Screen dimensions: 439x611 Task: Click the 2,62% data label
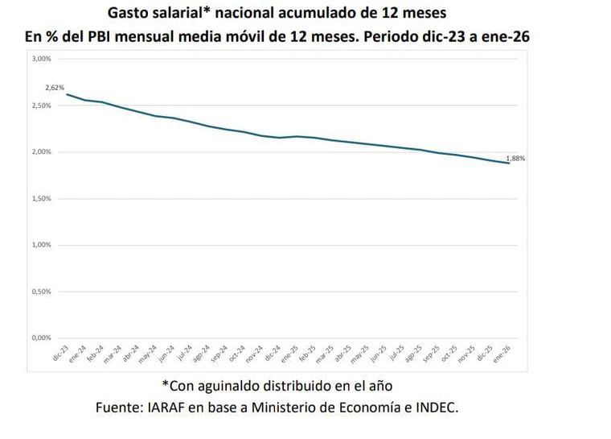pos(55,87)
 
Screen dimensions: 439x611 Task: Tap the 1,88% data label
pos(515,159)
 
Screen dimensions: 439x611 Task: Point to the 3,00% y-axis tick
pos(42,59)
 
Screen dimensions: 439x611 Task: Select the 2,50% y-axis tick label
pos(42,106)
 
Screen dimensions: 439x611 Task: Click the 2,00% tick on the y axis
pos(42,151)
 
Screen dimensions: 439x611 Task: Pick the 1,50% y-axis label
pos(42,198)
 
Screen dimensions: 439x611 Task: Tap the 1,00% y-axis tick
pos(42,245)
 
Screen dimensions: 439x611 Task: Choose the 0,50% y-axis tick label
pos(42,291)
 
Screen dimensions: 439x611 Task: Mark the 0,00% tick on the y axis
pos(42,338)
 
